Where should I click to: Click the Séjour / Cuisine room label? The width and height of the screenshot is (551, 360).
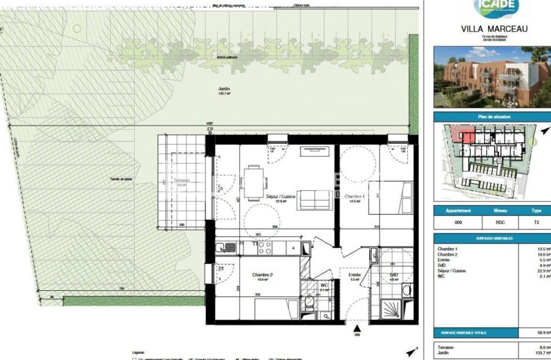[x=280, y=197]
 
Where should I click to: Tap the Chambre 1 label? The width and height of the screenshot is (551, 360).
[x=355, y=197]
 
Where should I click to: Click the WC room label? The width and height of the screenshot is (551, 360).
[x=324, y=285]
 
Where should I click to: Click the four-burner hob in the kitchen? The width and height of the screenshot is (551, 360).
[x=264, y=247]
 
